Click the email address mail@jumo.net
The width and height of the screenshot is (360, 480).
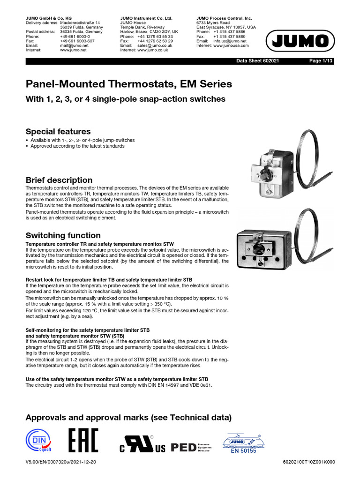74,45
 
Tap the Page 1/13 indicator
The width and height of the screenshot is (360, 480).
322,61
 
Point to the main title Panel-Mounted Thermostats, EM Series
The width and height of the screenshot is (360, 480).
128,84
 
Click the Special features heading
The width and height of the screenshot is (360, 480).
58,131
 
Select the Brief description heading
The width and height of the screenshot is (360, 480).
59,180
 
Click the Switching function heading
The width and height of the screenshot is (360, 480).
63,235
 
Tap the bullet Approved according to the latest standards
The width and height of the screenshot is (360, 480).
77,146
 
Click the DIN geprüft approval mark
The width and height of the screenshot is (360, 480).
39,442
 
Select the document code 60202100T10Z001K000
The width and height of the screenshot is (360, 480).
309,462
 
